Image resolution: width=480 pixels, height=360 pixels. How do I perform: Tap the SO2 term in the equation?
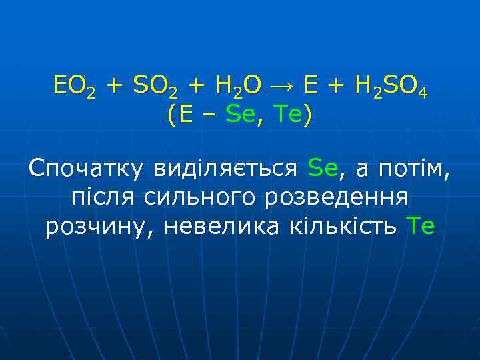tap(155, 87)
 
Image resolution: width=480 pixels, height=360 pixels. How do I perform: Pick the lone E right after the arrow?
tap(310, 86)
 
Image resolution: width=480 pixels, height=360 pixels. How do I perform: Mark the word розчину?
tap(100, 227)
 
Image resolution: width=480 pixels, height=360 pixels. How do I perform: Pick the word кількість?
tap(343, 227)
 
